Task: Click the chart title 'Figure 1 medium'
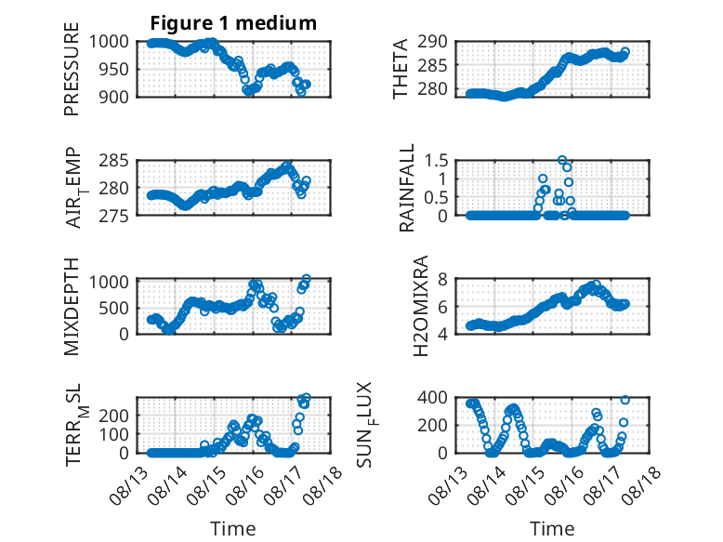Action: pos(233,22)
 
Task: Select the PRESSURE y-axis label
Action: pos(72,69)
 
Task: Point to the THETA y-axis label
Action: pos(401,69)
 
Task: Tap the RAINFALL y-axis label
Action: pos(407,188)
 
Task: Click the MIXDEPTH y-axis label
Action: pos(72,307)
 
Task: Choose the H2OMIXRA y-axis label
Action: pos(421,306)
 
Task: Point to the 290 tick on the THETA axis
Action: pos(432,42)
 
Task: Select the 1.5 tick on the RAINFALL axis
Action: pos(436,161)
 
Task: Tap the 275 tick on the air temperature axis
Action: pos(114,216)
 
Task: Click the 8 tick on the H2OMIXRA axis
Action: pos(442,279)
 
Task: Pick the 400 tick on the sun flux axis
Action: pos(432,397)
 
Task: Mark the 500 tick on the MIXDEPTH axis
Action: pos(114,308)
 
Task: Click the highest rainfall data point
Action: pos(561,160)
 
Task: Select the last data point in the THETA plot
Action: pos(625,52)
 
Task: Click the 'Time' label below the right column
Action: pos(552,529)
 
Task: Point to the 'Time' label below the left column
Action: pos(233,529)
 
